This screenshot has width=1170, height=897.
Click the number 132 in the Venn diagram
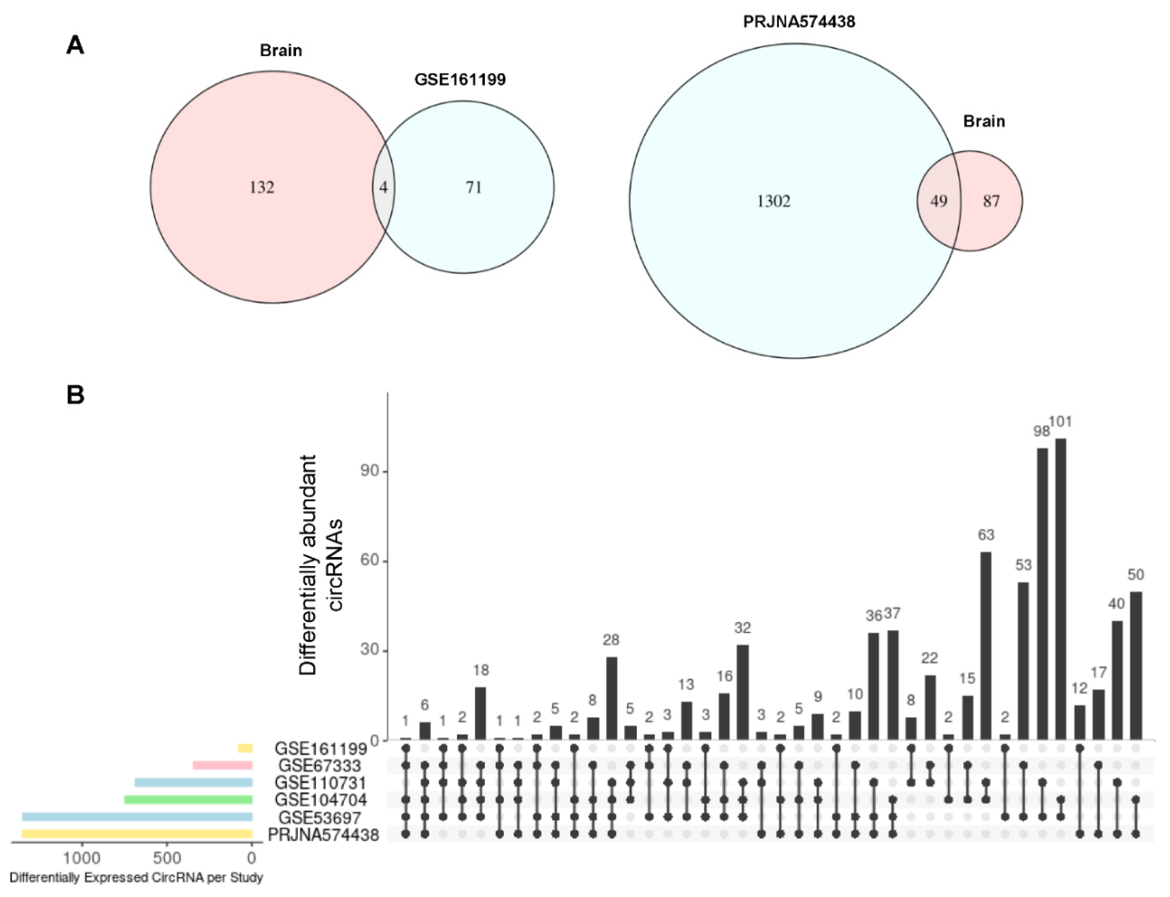pos(261,187)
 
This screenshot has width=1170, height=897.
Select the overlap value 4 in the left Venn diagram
pos(383,187)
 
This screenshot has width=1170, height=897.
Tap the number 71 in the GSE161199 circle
pos(473,187)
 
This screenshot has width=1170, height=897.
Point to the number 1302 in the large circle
pos(774,201)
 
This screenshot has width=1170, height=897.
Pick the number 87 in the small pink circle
pos(991,201)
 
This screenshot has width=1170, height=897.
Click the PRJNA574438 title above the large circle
pos(799,22)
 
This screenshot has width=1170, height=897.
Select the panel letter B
pos(75,396)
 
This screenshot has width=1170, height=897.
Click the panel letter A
pos(75,45)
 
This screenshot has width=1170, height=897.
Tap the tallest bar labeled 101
pos(1061,587)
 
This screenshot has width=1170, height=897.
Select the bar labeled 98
pos(1042,592)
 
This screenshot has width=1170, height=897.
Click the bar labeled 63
pos(986,646)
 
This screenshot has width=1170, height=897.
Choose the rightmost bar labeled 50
pos(1136,665)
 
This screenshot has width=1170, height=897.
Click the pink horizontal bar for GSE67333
pos(222,765)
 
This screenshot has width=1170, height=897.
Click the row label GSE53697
pos(319,817)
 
